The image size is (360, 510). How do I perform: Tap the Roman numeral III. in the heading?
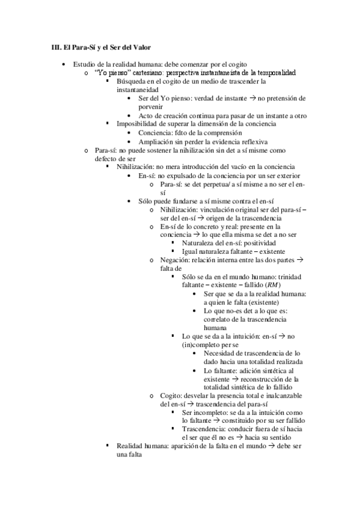pyautogui.click(x=53, y=47)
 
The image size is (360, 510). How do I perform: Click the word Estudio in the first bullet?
pyautogui.click(x=83, y=64)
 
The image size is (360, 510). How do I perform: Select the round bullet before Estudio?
pyautogui.click(x=65, y=64)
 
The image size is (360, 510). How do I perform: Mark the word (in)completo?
pyautogui.click(x=201, y=346)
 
